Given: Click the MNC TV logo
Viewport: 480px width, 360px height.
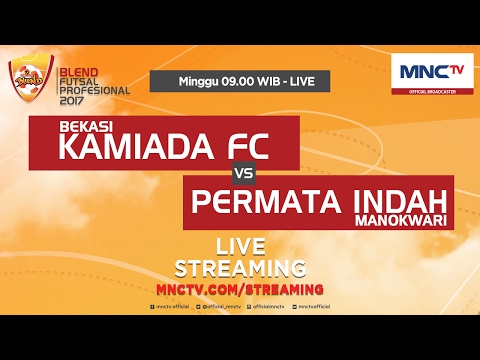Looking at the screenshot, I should pyautogui.click(x=431, y=73).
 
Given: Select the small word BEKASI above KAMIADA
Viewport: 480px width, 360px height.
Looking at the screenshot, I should pyautogui.click(x=85, y=127).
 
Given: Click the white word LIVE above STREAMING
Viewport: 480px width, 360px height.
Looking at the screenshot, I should pyautogui.click(x=240, y=247).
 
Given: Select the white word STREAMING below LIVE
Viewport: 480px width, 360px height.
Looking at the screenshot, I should pyautogui.click(x=240, y=268).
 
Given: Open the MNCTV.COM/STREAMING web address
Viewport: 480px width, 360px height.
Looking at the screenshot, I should pyautogui.click(x=240, y=289).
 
